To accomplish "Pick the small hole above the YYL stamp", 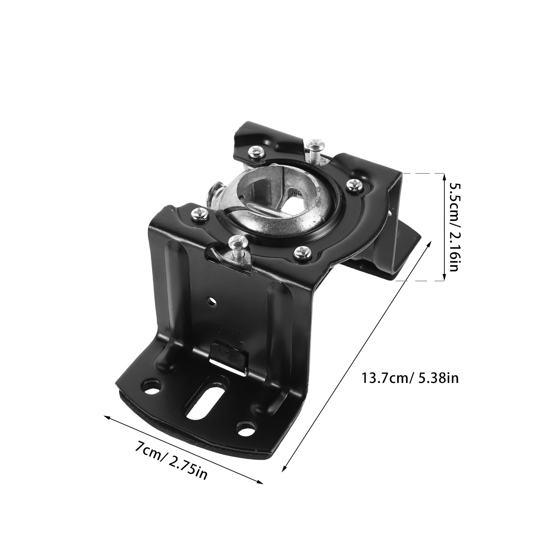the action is click(211, 300).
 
